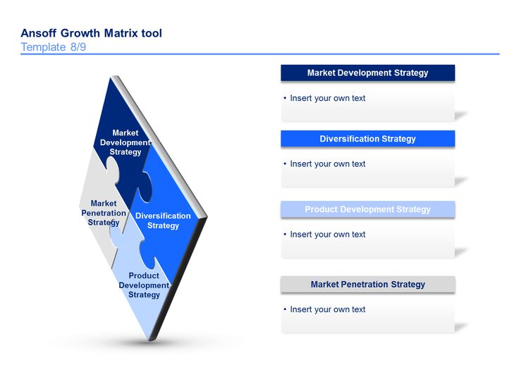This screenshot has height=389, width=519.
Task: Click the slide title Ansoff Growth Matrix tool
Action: [x=92, y=33]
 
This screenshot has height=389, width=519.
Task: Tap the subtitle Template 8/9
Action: [x=54, y=47]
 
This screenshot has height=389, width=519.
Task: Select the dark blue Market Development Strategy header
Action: [x=367, y=73]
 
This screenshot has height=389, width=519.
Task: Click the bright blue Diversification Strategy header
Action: [x=367, y=139]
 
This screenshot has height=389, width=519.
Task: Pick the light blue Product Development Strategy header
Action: [x=367, y=209]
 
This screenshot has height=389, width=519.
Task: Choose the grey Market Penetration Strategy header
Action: [x=367, y=285]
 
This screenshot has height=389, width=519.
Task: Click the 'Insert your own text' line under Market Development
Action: [x=328, y=98]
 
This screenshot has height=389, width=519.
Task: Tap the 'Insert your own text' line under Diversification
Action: [x=328, y=164]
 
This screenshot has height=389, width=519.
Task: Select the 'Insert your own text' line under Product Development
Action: [x=328, y=235]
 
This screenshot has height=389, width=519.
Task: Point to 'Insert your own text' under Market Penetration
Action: [x=328, y=309]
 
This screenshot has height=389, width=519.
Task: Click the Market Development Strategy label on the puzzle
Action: [x=126, y=142]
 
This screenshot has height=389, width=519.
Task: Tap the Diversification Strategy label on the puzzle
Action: [x=163, y=221]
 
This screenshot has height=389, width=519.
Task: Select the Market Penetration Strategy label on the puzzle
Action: [x=104, y=213]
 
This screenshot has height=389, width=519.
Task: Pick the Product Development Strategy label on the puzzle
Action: [x=144, y=285]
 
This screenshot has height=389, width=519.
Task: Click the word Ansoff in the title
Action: [x=38, y=33]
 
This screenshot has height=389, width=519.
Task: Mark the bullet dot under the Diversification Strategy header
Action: [x=285, y=163]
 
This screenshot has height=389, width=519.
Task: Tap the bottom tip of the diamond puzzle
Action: [x=151, y=340]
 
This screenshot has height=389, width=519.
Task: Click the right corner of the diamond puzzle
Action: [x=207, y=216]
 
